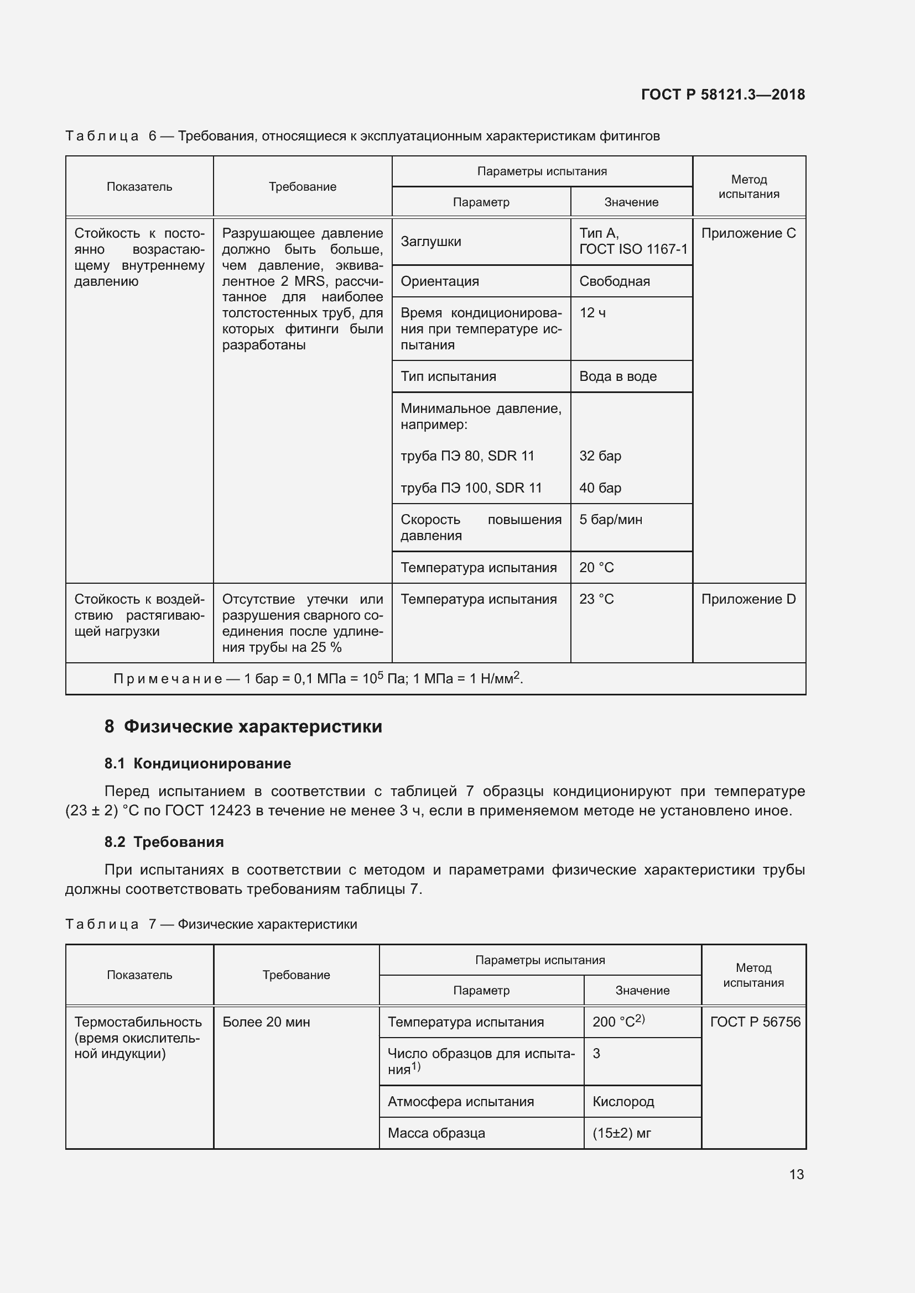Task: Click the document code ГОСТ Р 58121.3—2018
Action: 723,95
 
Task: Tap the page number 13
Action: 796,1174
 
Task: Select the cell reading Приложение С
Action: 748,233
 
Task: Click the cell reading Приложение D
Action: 748,599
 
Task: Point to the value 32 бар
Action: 600,456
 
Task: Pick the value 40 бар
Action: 600,488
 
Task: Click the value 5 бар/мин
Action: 611,519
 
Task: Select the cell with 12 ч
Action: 592,312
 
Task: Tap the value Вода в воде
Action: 618,376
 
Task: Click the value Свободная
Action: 615,281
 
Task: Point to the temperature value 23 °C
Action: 597,599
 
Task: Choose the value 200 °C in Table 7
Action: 618,1022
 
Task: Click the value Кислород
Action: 623,1102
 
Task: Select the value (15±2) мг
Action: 621,1133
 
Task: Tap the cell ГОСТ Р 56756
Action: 755,1022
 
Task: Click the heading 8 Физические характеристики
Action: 243,726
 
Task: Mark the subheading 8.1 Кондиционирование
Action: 197,763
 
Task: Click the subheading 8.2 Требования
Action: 164,842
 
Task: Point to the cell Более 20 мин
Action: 266,1022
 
